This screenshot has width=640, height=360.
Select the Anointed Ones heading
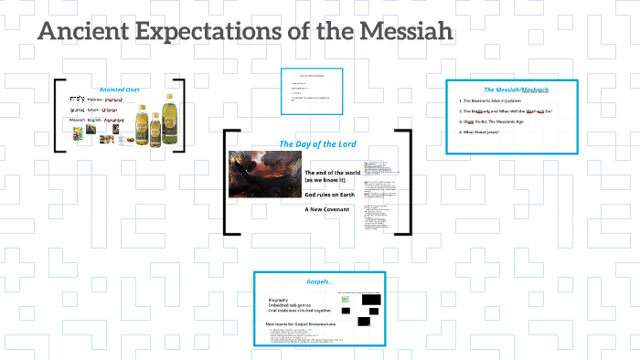(119, 89)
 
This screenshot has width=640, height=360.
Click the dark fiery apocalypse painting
(264, 174)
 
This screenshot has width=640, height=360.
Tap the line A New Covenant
(327, 209)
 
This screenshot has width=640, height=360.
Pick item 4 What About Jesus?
(485, 132)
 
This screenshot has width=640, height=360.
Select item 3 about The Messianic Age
(499, 122)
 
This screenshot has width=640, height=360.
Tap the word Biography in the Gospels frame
(280, 300)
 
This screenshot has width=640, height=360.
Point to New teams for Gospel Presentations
(301, 323)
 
